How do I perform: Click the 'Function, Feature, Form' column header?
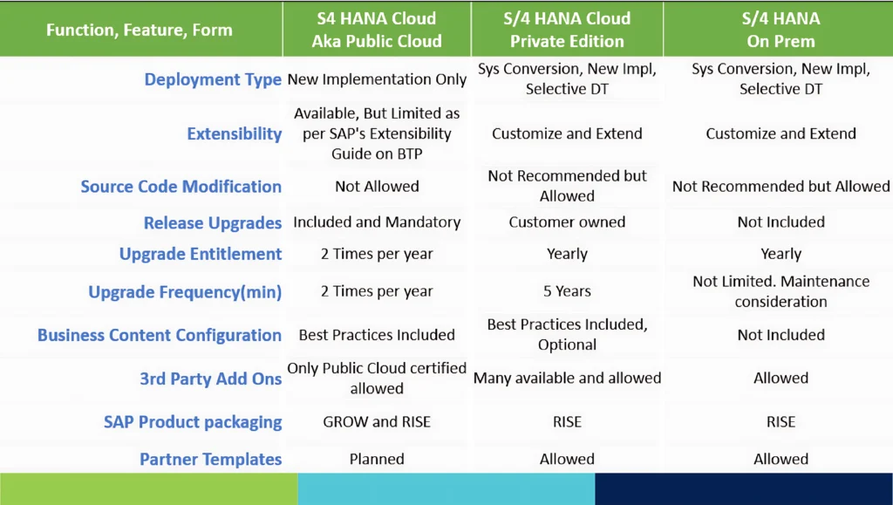click(140, 30)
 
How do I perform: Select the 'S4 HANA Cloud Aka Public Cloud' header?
click(377, 30)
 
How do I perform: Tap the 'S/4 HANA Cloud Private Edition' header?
click(567, 30)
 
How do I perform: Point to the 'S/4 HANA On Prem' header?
click(781, 30)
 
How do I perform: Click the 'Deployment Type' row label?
click(213, 79)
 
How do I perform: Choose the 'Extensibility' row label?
click(235, 133)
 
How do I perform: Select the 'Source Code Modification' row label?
click(181, 186)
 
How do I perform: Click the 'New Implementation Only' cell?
click(377, 79)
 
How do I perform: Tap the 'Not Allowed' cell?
click(377, 186)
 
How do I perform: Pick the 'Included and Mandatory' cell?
click(377, 222)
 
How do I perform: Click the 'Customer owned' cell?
click(567, 222)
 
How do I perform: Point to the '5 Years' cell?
click(567, 291)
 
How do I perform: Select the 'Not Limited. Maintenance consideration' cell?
click(781, 291)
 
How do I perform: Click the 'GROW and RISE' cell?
click(377, 422)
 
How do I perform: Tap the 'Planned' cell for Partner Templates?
click(377, 459)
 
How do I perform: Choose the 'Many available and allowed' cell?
click(567, 378)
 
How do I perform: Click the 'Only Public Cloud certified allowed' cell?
click(377, 378)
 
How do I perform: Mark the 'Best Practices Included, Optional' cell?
click(567, 334)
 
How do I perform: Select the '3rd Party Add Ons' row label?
click(211, 379)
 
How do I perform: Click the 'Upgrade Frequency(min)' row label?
click(185, 292)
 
